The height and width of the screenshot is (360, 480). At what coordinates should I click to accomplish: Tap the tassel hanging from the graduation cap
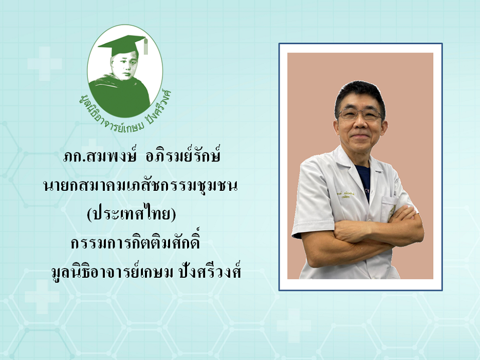[146, 47]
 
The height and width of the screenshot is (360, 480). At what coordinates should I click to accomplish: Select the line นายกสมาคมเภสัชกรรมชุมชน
[140, 186]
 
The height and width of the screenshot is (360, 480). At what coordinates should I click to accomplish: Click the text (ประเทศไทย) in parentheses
[132, 213]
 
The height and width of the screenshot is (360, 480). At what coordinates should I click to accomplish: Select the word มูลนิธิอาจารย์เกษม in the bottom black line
[113, 271]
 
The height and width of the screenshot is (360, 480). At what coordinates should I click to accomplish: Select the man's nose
[360, 123]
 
